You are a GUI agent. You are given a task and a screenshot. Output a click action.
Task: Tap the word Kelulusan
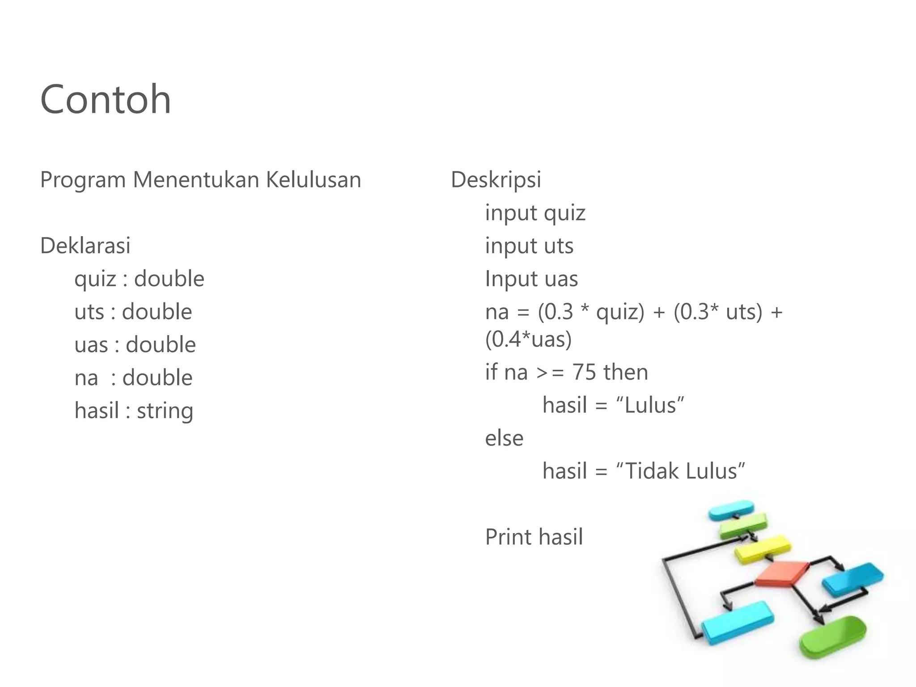[313, 180]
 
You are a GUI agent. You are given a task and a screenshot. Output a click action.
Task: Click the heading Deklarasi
[85, 246]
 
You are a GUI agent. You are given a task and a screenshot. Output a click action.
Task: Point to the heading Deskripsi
[496, 180]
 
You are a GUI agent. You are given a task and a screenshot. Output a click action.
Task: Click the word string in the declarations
[165, 411]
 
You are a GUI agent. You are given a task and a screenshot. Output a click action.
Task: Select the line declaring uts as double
[133, 312]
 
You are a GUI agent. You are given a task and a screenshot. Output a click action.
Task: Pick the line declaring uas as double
[135, 345]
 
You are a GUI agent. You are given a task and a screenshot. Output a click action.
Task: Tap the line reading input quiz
[535, 213]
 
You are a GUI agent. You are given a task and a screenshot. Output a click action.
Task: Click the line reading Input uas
[531, 279]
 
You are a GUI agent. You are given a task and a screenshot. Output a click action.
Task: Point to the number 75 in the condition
[584, 372]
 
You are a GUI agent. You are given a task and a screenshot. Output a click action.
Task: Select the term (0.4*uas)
[528, 339]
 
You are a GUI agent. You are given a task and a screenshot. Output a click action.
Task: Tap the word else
[504, 438]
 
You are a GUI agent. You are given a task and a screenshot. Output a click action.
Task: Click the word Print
[508, 537]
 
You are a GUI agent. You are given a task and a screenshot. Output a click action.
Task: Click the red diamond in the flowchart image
[782, 574]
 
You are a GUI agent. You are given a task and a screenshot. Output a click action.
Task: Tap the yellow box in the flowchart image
[763, 549]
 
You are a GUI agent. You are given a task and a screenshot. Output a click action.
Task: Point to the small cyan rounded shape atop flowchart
[731, 509]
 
